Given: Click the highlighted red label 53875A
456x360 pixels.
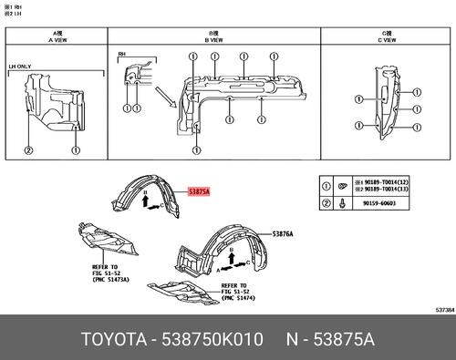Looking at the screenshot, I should point(199,191).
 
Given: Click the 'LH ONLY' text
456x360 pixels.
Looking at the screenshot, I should point(20,67).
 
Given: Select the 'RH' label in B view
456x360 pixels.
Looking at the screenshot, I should point(122,56).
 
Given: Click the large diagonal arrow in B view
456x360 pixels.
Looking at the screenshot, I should point(166,98).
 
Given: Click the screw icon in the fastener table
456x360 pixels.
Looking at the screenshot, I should point(341,206).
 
